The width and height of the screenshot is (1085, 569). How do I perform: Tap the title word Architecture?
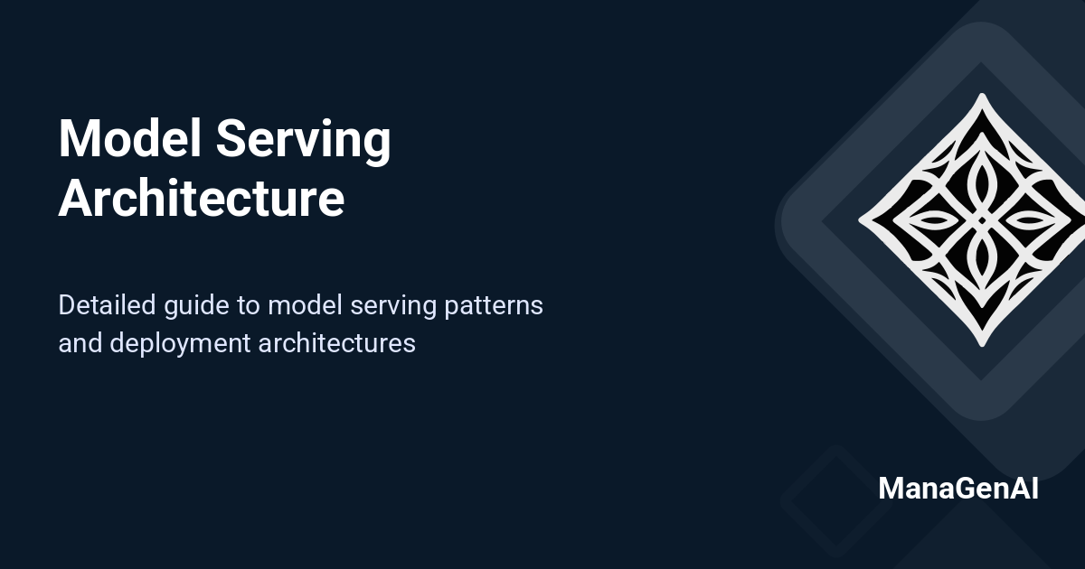(x=201, y=199)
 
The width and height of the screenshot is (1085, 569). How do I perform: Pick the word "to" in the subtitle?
(x=249, y=306)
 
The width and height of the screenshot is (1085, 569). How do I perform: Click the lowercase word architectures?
(x=336, y=343)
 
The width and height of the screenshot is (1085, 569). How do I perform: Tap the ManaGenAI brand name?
(x=958, y=489)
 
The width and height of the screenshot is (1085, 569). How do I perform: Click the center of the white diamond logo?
(x=982, y=219)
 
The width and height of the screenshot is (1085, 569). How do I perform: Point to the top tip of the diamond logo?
(x=982, y=96)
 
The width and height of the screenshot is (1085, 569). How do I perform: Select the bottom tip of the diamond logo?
(x=982, y=344)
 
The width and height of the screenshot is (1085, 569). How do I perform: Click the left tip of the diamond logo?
(x=860, y=219)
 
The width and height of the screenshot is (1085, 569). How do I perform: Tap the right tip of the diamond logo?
(x=1082, y=219)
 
